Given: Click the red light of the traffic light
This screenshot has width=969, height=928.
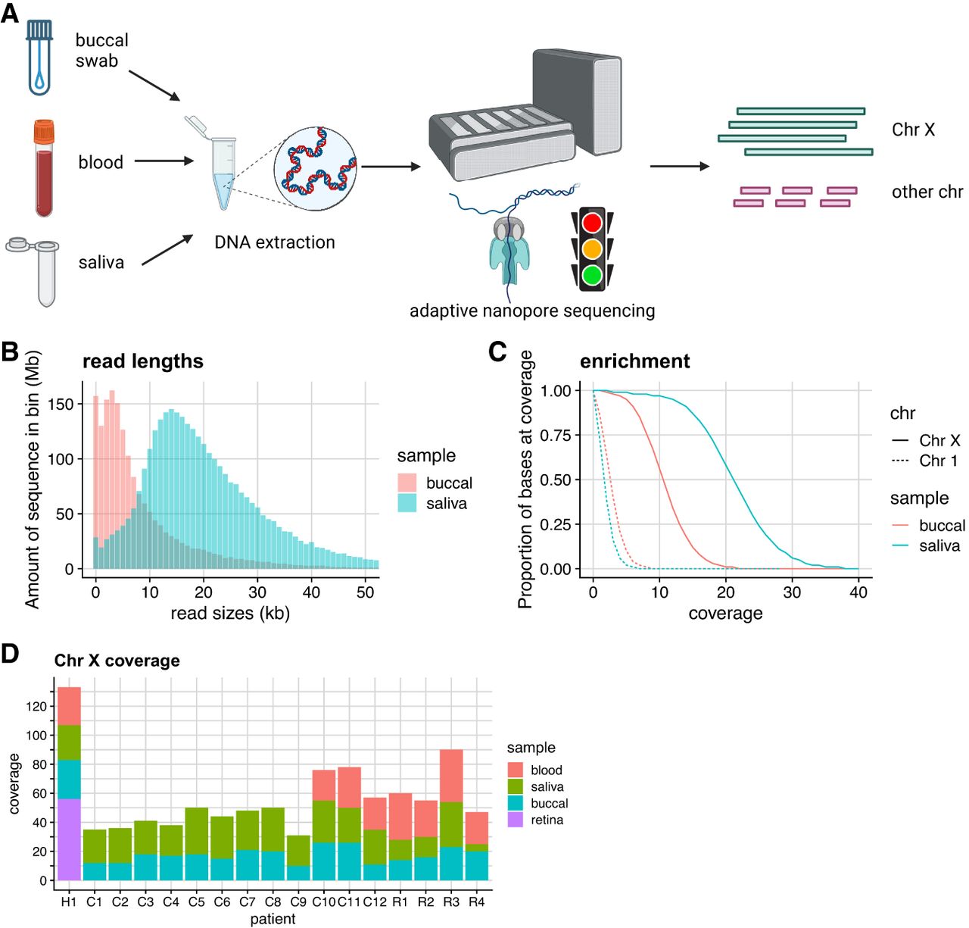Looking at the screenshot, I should (x=592, y=223).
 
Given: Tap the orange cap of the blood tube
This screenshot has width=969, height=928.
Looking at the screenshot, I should (x=44, y=132).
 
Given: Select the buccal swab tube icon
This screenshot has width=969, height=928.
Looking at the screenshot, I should (x=39, y=58).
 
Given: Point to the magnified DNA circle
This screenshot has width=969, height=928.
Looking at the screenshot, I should (x=315, y=168).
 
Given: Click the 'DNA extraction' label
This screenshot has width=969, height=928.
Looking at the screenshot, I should (x=275, y=242).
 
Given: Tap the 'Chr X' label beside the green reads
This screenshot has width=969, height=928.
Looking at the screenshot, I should (x=913, y=130).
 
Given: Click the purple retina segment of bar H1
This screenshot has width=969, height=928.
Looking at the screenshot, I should (x=69, y=839).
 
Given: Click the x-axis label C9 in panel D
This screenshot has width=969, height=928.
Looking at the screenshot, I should (x=298, y=902).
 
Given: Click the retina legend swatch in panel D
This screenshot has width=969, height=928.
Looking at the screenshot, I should (x=516, y=820).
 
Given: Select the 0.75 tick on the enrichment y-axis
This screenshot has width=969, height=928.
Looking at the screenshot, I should (x=556, y=435).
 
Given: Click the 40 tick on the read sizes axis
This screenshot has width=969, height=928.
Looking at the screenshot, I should (x=311, y=592).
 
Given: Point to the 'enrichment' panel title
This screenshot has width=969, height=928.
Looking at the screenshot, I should (x=634, y=361).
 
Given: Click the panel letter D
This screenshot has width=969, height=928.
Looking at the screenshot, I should (x=10, y=653).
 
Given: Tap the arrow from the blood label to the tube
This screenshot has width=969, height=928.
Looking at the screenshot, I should (x=164, y=161).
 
